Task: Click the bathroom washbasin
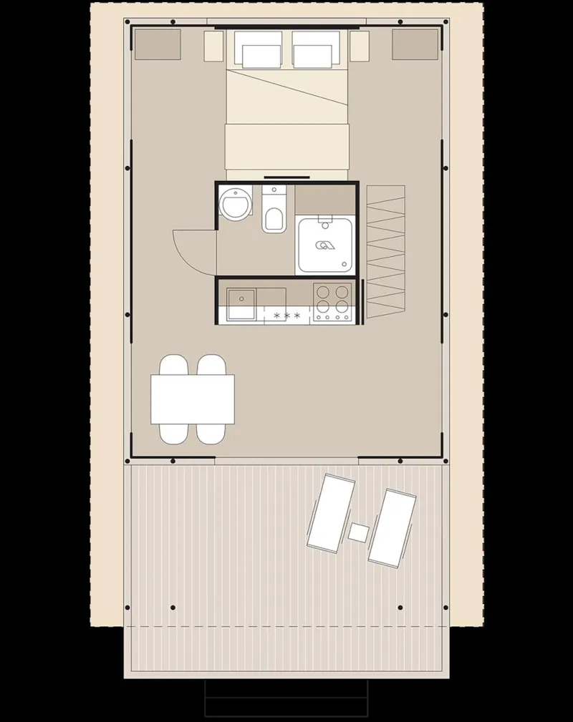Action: coord(236,205)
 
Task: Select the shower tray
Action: coord(325,244)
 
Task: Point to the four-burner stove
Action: coord(333,301)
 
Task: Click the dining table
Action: coord(193,399)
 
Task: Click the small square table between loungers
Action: coord(358,532)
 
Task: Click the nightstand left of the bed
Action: coord(214,46)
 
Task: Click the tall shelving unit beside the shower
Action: coord(386,252)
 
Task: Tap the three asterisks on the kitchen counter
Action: coord(286,315)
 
